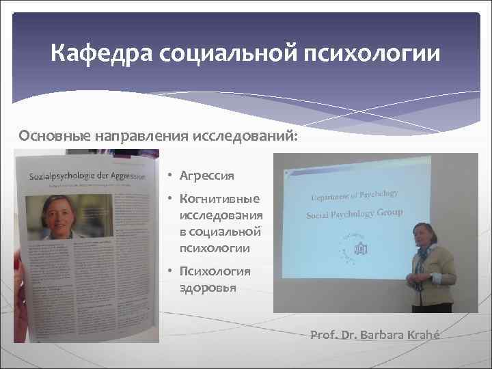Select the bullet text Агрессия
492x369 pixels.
click(206, 176)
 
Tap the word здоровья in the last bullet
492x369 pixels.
click(208, 287)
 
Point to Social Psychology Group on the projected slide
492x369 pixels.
click(354, 214)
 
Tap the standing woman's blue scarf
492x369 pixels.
click(425, 254)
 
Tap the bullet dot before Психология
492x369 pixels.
click(169, 271)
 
